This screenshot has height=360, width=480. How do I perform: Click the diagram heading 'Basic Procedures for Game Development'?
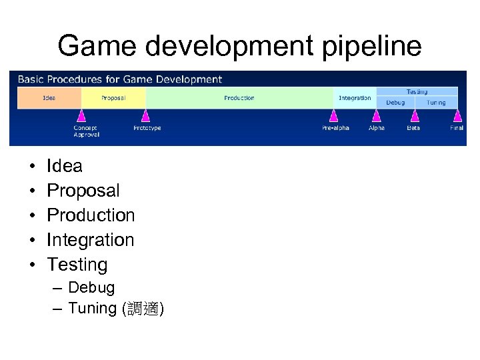pyautogui.click(x=120, y=79)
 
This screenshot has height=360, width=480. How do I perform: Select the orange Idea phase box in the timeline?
pyautogui.click(x=49, y=98)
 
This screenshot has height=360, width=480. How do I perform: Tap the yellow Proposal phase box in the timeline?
pyautogui.click(x=113, y=98)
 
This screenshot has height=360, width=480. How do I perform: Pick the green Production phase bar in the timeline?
pyautogui.click(x=239, y=98)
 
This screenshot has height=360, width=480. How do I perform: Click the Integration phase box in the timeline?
pyautogui.click(x=355, y=98)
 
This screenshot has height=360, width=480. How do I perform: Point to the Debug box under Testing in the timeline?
pyautogui.click(x=395, y=103)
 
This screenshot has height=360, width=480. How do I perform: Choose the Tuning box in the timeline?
pyautogui.click(x=437, y=103)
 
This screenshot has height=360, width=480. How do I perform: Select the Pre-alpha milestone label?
pyautogui.click(x=335, y=128)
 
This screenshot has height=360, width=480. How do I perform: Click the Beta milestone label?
pyautogui.click(x=413, y=128)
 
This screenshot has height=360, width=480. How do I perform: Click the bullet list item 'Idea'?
pyautogui.click(x=65, y=166)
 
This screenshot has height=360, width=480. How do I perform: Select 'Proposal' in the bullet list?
pyautogui.click(x=83, y=191)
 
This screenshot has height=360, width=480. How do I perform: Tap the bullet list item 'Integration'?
pyautogui.click(x=91, y=240)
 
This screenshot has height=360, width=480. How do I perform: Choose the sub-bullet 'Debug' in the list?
pyautogui.click(x=91, y=288)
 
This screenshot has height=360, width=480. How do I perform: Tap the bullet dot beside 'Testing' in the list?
pyautogui.click(x=32, y=265)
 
